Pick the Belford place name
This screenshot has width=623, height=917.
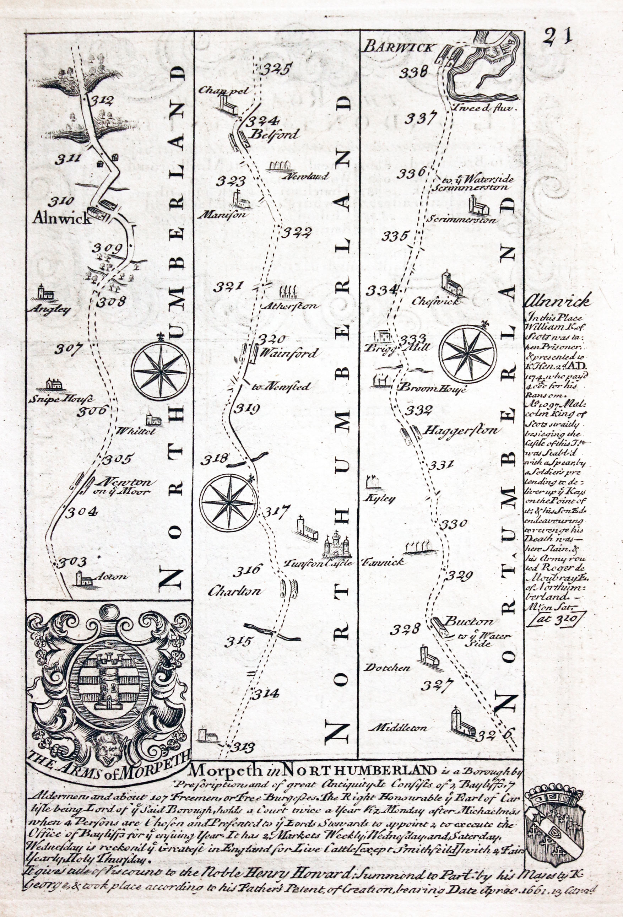pyautogui.click(x=275, y=134)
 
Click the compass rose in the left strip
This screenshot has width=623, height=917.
pyautogui.click(x=161, y=370)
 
